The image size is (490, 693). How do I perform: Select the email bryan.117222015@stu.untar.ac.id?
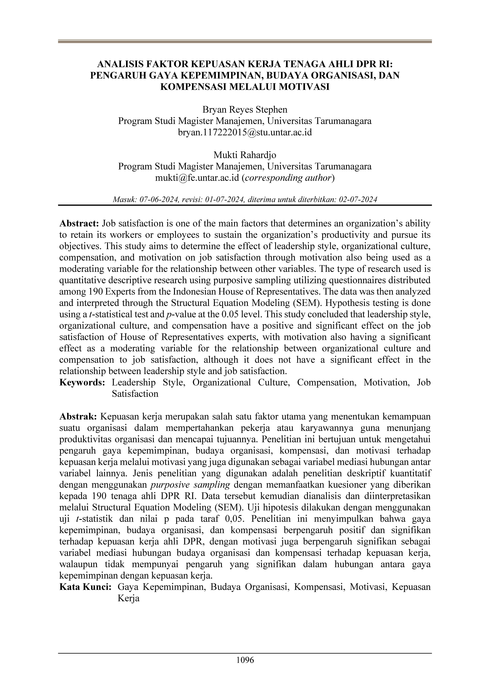click(x=245, y=132)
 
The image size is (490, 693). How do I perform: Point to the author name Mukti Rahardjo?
click(x=245, y=155)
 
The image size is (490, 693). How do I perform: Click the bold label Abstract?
click(x=79, y=224)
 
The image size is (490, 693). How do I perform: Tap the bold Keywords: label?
click(x=82, y=382)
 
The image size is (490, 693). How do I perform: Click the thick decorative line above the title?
click(x=245, y=41)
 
